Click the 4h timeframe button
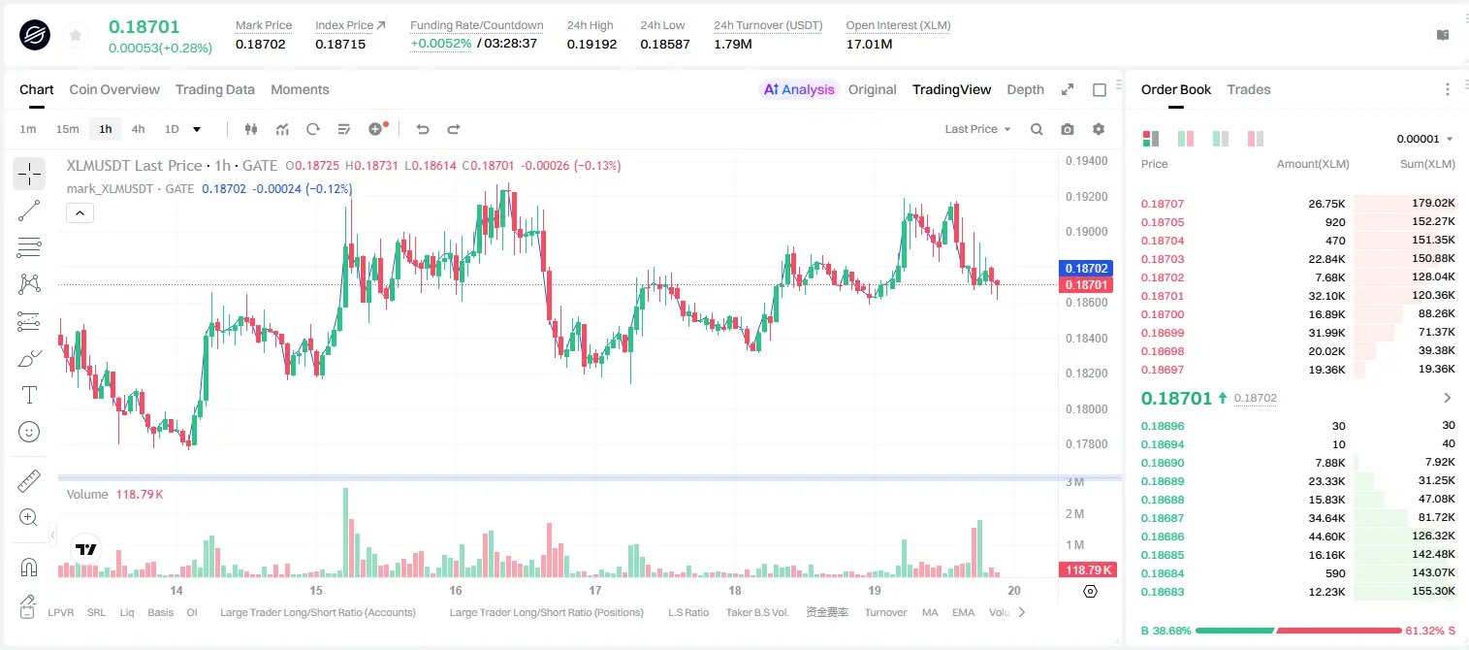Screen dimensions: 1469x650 (138, 129)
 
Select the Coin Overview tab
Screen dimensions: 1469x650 (114, 89)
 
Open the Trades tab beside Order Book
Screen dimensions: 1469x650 (1249, 89)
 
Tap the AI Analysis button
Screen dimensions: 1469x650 (799, 89)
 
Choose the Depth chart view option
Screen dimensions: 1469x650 (1025, 89)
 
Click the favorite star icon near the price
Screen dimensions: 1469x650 (76, 35)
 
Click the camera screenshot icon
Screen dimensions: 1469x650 (1068, 129)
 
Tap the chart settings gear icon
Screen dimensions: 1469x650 (1099, 129)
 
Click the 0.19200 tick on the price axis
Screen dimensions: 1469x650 (1086, 196)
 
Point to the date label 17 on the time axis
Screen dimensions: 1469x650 (594, 590)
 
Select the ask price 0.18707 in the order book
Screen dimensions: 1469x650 (1162, 204)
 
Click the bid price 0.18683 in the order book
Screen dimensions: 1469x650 (1162, 592)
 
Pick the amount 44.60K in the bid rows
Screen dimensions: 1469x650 (1326, 536)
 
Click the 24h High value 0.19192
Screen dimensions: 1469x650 (591, 44)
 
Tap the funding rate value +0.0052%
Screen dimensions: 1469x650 (440, 44)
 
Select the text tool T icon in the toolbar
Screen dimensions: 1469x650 (29, 395)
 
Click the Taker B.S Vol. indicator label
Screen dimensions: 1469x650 (756, 612)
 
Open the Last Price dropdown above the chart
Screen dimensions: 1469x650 (977, 129)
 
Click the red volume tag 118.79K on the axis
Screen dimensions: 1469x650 (1087, 570)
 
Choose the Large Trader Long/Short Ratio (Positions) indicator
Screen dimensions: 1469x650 (546, 612)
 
